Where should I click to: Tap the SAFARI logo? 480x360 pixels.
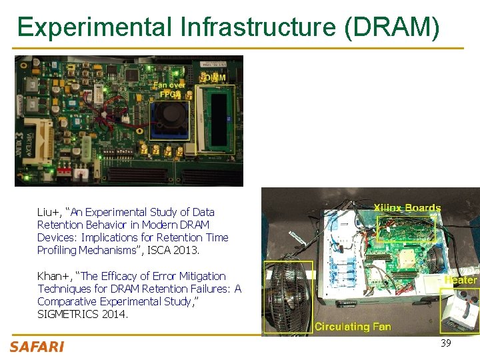(x=37, y=347)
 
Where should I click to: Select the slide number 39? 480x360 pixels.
(x=446, y=343)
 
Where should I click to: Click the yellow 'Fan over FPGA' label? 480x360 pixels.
(x=169, y=89)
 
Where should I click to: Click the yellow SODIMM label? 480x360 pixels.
(x=213, y=78)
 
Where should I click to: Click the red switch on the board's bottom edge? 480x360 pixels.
(x=64, y=171)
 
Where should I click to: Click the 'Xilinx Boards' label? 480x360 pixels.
(x=407, y=208)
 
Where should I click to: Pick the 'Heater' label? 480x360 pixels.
(x=461, y=280)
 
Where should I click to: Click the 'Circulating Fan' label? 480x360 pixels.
(x=352, y=327)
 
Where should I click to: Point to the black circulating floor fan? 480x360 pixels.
(x=288, y=297)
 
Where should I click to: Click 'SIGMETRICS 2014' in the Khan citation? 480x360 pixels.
(x=83, y=314)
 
